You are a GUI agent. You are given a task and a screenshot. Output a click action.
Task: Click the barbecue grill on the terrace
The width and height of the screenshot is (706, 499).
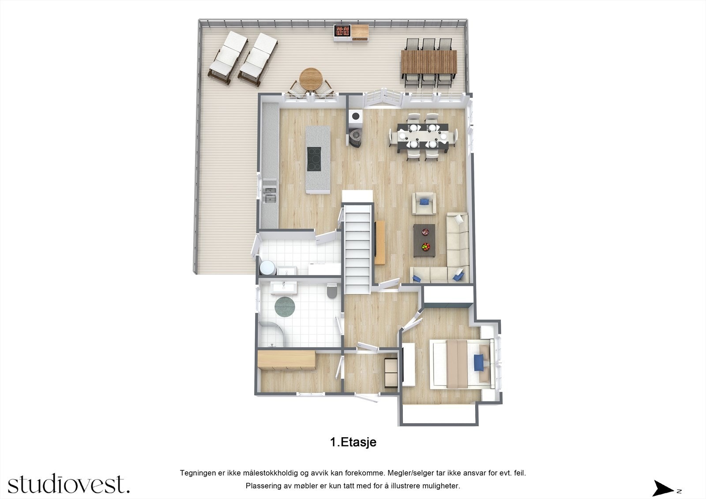tap(343, 31)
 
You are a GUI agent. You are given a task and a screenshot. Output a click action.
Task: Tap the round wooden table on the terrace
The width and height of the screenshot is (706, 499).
tap(311, 79)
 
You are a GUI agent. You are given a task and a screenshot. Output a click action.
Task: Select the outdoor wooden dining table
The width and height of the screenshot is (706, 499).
tap(428, 62)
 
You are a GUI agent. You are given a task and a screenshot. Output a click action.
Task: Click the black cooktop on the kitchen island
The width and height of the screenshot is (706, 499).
tap(314, 159)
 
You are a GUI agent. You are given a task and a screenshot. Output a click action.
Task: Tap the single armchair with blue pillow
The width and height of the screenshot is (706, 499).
tap(424, 203)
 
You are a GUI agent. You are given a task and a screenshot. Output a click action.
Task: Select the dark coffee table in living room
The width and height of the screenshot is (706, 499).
tap(424, 240)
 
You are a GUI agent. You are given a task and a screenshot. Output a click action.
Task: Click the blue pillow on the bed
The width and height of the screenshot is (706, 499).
tap(479, 363)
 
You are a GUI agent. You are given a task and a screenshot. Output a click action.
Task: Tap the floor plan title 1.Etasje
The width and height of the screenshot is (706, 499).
tap(353, 442)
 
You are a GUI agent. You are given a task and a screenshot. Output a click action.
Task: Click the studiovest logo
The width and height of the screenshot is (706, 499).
tap(68, 484)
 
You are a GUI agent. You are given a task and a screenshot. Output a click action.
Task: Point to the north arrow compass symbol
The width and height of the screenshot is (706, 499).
tap(663, 488)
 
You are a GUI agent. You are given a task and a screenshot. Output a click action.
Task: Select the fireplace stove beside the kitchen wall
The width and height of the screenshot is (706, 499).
tap(355, 137)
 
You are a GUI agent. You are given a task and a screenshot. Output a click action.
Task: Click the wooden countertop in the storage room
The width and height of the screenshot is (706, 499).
tap(287, 360)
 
